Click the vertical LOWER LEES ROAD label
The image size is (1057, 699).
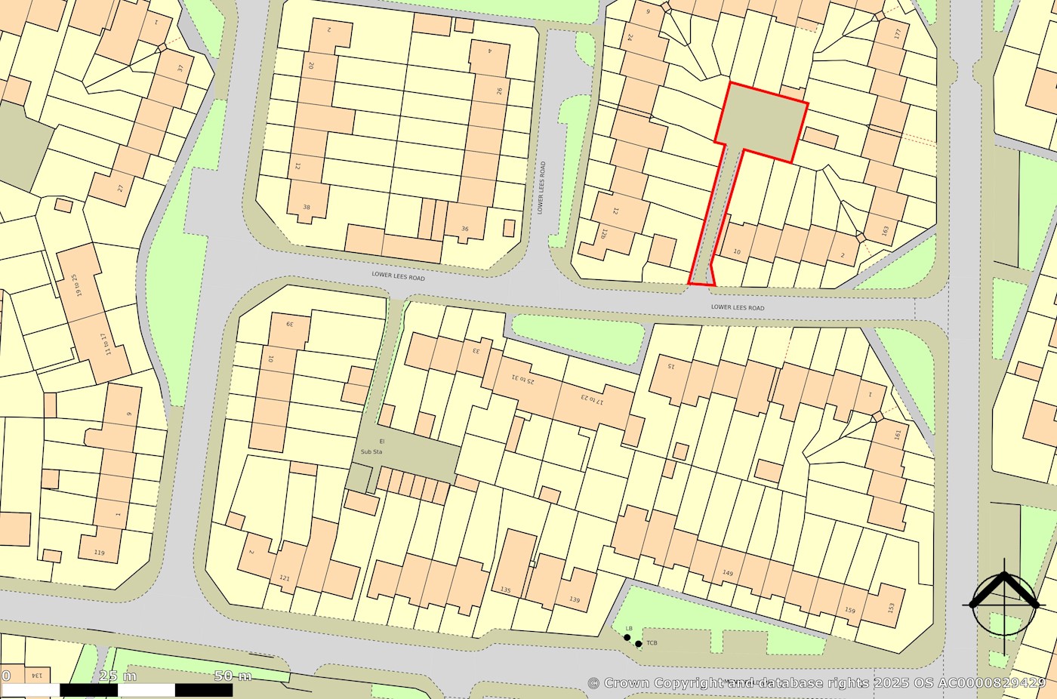coord(541,187)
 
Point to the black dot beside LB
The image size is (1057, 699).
coord(627,638)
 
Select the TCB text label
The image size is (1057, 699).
coord(652,643)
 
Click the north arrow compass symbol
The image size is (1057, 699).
coord(1003,604)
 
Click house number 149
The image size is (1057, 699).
coord(728,573)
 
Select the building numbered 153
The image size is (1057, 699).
coord(891,607)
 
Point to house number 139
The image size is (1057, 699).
coord(575,599)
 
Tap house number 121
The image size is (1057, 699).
coord(285,578)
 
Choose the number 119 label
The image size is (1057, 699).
coord(99,553)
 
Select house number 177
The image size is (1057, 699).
coord(897,34)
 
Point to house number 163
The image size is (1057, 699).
coord(886,229)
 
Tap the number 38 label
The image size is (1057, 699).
coord(307,207)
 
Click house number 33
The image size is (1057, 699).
coord(476,350)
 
